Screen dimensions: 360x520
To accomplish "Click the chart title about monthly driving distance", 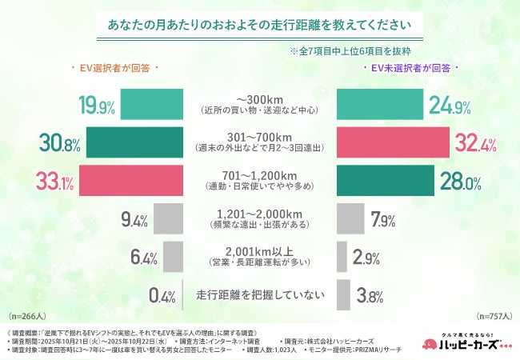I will click(x=260, y=25).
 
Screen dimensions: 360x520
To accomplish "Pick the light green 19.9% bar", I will click(x=152, y=104).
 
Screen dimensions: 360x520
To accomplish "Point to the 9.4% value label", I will click(x=133, y=218).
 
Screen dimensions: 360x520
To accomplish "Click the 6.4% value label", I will click(x=144, y=256).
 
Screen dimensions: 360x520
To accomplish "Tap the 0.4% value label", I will click(x=162, y=294).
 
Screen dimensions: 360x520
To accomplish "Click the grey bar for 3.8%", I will click(x=343, y=294).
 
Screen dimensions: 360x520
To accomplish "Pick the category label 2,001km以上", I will click(x=259, y=250).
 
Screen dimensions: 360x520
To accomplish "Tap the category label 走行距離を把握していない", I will click(x=259, y=294).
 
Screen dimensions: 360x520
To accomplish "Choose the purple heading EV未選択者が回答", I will click(x=410, y=70).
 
